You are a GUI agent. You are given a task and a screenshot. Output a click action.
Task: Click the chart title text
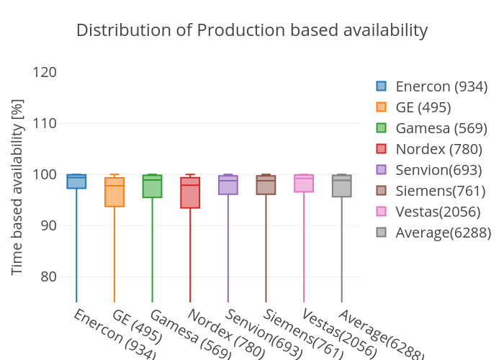click(252, 30)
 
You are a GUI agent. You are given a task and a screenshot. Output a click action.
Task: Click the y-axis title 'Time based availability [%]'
click(18, 187)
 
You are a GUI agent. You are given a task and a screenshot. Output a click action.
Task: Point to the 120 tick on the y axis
click(45, 72)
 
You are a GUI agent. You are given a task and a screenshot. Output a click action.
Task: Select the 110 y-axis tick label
click(45, 123)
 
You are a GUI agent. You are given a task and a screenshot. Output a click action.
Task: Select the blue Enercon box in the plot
click(76, 182)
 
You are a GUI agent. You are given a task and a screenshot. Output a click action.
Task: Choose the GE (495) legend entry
click(423, 107)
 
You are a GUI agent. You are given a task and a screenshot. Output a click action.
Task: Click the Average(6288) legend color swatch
click(382, 233)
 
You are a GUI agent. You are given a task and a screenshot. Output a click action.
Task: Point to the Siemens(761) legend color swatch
click(382, 191)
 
